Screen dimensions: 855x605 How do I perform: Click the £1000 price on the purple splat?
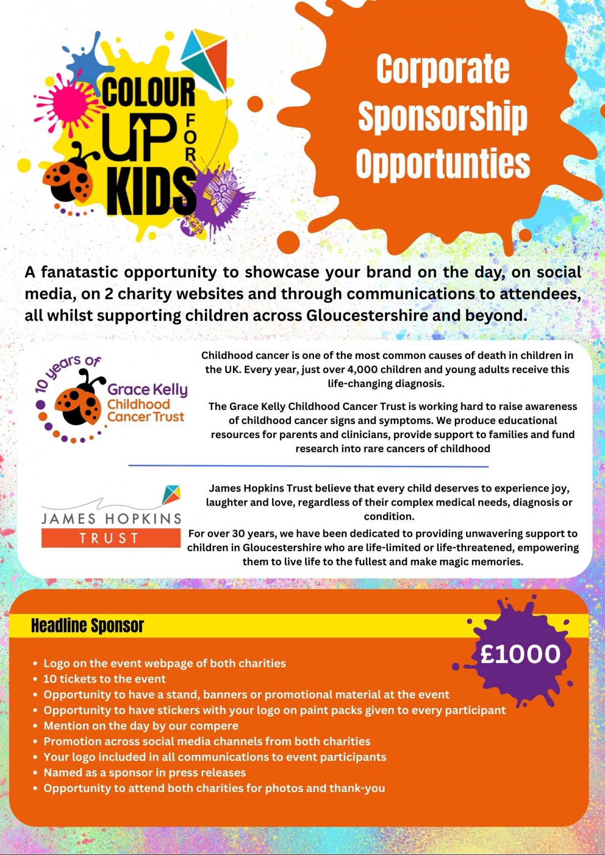[520, 654]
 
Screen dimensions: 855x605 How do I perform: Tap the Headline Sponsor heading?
[87, 625]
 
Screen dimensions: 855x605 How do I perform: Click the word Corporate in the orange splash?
[443, 69]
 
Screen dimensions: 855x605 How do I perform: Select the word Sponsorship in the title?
[443, 116]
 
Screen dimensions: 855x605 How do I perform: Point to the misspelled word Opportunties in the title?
[443, 163]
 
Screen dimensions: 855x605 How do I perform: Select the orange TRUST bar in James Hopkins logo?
[110, 538]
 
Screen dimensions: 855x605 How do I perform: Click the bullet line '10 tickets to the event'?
[104, 679]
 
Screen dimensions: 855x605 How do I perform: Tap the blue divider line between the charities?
[308, 466]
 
